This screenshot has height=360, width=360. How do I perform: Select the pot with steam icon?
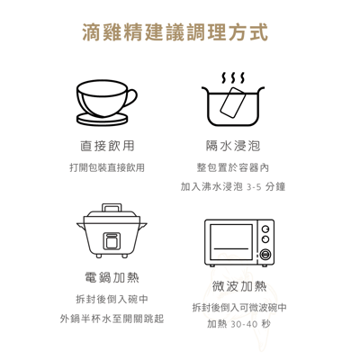click(233, 103)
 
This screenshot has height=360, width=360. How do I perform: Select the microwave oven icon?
click(239, 242)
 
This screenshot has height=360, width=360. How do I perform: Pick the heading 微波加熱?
click(239, 286)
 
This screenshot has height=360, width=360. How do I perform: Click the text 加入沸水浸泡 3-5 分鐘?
click(233, 187)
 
